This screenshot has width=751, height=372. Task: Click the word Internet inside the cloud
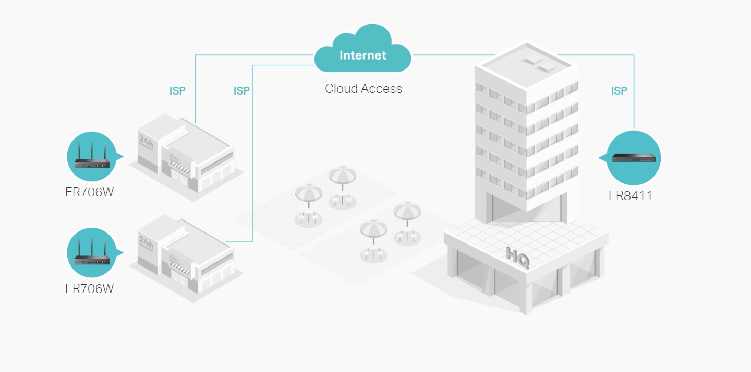[362, 55]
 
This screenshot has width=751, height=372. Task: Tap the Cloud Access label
[364, 89]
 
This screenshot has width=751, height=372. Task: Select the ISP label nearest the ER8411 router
[619, 91]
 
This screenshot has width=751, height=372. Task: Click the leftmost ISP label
[177, 91]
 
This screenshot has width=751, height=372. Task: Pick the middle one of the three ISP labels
[241, 91]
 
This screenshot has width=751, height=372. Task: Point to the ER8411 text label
[631, 196]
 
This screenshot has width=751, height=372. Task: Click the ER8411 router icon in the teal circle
[634, 158]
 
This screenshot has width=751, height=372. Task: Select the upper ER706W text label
[89, 192]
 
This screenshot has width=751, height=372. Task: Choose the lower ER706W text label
[89, 288]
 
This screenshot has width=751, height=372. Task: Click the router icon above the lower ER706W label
[92, 253]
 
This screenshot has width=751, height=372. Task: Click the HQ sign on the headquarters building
[518, 257]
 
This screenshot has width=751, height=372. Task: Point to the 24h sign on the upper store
[146, 142]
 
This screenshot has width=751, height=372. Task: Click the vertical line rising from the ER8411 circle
[634, 104]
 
